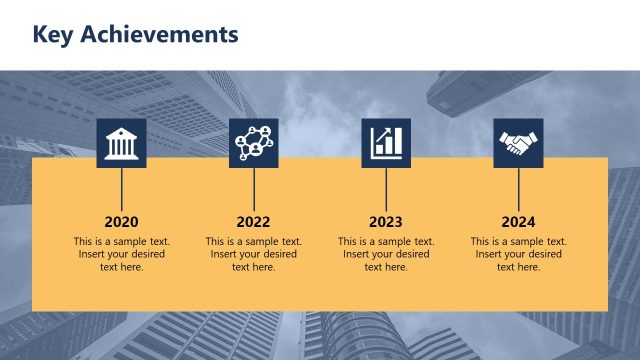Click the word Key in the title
54,35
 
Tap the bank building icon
121,143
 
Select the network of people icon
254,143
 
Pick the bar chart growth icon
386,143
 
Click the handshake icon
518,143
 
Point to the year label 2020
121,222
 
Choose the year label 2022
254,222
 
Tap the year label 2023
386,222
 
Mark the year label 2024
518,222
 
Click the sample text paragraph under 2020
121,254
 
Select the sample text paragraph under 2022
254,254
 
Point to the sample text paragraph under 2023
386,254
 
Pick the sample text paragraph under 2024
518,254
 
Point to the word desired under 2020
145,254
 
